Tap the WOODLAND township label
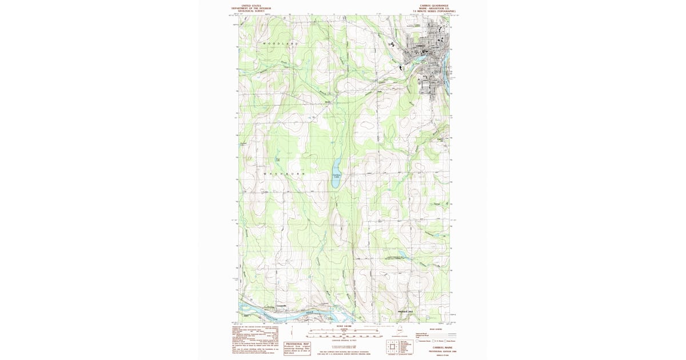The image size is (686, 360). click(x=281, y=43)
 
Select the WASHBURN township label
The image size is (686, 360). click(x=284, y=173)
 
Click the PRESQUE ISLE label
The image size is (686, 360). click(x=405, y=311)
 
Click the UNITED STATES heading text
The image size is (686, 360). click(x=252, y=5)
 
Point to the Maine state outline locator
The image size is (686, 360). click(x=400, y=330)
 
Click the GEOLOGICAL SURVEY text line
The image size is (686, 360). click(x=252, y=11)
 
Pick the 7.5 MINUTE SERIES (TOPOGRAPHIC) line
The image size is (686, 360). click(x=434, y=11)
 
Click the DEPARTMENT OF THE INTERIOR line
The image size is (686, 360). click(x=252, y=8)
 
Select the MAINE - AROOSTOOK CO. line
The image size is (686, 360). click(x=434, y=8)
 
